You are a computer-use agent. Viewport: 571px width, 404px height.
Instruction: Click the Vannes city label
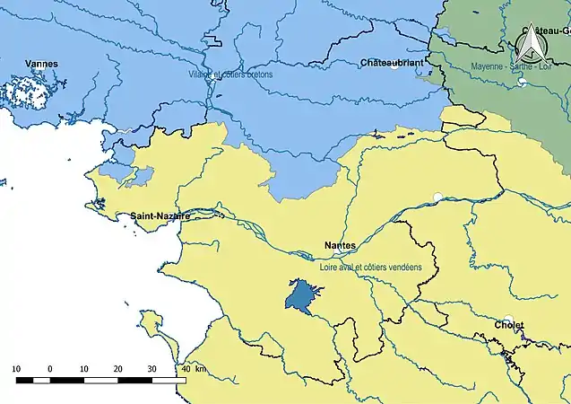pos(42,64)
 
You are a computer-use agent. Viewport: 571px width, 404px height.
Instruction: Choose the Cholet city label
pos(508,325)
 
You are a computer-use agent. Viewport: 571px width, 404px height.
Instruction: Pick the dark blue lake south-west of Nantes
pos(303,294)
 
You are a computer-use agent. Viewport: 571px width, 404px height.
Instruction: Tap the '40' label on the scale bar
pos(185,369)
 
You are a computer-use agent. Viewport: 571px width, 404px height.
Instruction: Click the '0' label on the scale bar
pos(50,369)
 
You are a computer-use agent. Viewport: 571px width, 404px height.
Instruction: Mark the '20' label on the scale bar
pos(117,369)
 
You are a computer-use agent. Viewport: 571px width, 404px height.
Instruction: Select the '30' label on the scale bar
pos(151,369)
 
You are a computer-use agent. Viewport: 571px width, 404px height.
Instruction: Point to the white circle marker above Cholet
pos(507,318)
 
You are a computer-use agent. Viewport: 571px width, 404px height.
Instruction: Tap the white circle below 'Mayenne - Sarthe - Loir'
pos(522,82)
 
